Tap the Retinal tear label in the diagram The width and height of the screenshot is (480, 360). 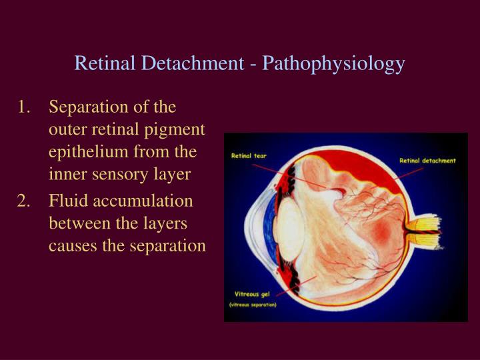click(x=249, y=157)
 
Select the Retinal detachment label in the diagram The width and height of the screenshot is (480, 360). click(x=427, y=161)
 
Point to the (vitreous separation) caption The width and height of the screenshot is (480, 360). click(x=253, y=305)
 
